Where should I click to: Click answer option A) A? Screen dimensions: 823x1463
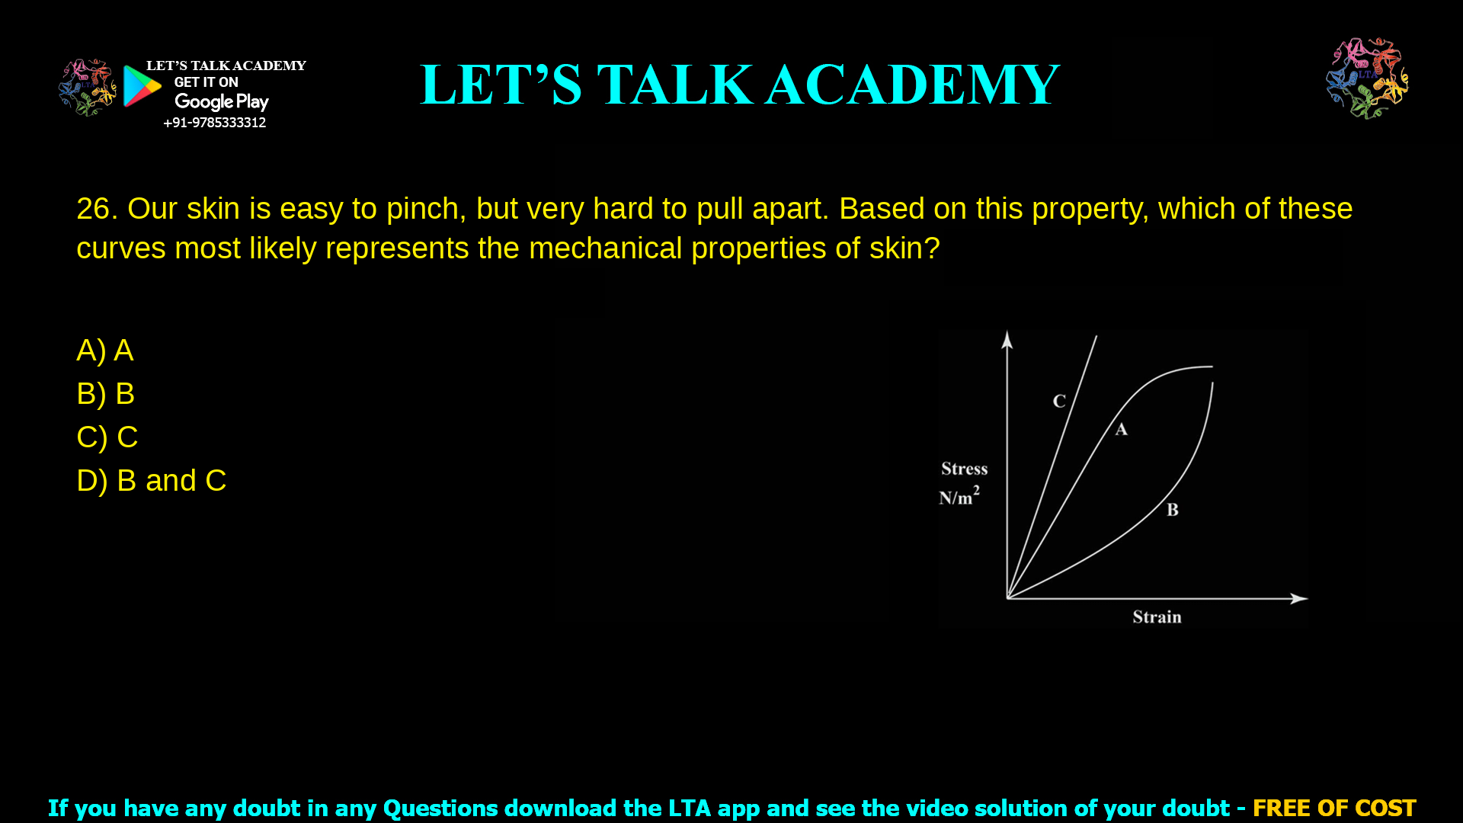pos(105,351)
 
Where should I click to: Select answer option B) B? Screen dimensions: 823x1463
pos(106,394)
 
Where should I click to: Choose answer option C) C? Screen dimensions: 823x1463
pos(107,437)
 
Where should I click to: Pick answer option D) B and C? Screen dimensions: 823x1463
pos(152,481)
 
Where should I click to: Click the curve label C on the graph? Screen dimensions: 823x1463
pos(1059,401)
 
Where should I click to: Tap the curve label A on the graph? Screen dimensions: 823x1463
pos(1121,430)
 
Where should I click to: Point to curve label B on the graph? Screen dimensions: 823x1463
pos(1173,510)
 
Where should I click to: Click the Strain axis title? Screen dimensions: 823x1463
pos(1157,617)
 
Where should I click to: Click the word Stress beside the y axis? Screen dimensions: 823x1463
pos(964,469)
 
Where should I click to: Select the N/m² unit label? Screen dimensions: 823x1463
pos(959,497)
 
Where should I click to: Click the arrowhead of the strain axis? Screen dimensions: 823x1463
pos(1300,599)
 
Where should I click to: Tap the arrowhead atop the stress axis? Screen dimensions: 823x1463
pos(1007,338)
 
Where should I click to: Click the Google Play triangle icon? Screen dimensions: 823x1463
pos(142,86)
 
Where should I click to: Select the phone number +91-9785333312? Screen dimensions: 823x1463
pos(214,123)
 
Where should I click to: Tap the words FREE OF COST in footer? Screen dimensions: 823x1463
pos(1333,808)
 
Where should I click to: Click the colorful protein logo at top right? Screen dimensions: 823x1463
pos(1367,78)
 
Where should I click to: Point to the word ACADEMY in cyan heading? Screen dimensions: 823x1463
pos(912,85)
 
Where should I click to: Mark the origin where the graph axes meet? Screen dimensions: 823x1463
pos(1007,598)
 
